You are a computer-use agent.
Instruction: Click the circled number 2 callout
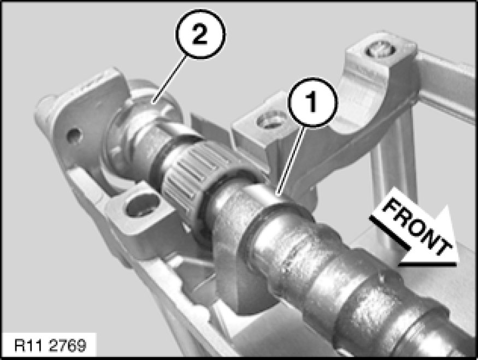coord(200,33)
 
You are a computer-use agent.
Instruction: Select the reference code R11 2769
coord(51,346)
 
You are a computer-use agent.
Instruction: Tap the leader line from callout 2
coord(169,80)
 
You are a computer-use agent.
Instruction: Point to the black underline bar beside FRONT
coord(389,232)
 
